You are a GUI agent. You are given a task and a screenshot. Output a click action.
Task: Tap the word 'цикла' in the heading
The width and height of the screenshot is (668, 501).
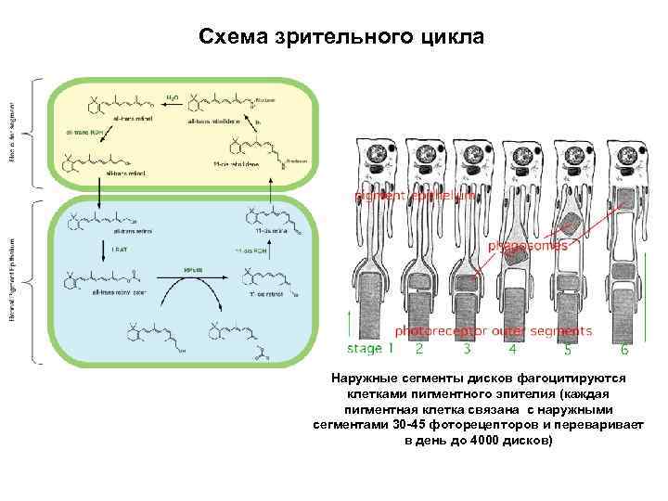452,37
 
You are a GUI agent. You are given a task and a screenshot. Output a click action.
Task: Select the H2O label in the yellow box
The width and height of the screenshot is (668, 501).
173,96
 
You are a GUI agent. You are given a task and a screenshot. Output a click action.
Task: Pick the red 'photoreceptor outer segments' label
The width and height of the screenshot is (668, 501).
494,330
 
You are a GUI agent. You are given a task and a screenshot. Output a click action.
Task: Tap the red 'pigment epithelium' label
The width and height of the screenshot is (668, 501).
415,196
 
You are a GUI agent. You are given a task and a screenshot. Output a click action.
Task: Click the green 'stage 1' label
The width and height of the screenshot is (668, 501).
371,349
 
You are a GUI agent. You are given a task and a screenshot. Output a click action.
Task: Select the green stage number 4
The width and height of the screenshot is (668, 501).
512,350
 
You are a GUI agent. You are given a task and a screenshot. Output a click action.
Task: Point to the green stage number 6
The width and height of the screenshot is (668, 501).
624,350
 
